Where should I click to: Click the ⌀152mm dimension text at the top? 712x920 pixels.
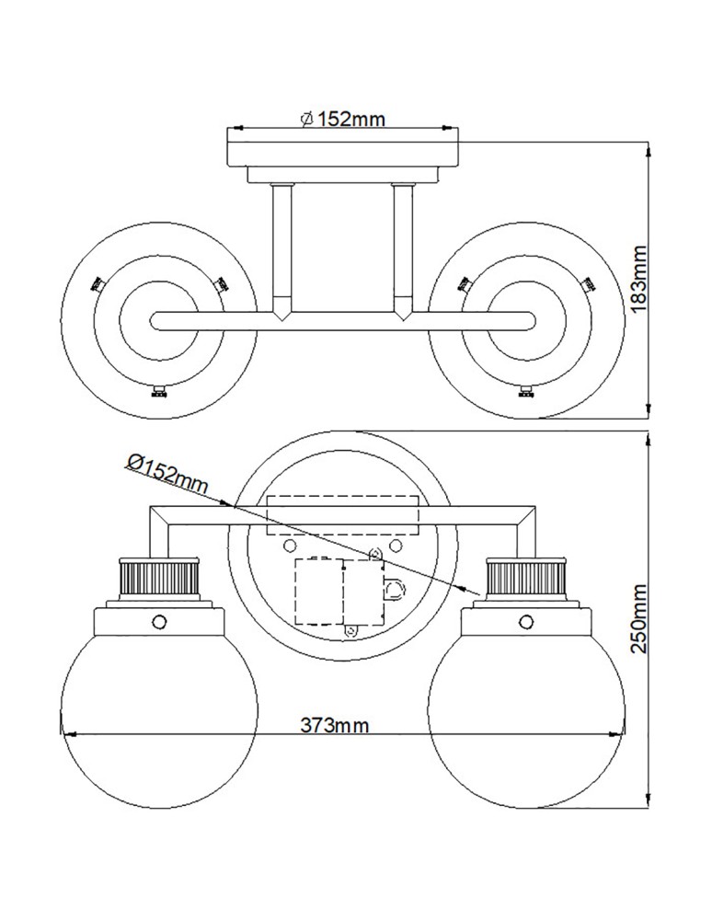[x=342, y=118]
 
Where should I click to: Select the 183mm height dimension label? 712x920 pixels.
[x=641, y=277]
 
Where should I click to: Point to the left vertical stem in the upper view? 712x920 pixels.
[x=282, y=248]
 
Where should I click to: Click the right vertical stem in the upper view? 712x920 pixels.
[x=403, y=248]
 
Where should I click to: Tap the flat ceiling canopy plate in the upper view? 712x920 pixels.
[x=343, y=153]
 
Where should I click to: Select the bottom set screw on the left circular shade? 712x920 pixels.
[x=158, y=395]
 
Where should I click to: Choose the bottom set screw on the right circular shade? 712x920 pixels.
[x=526, y=395]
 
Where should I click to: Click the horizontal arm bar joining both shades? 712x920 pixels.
[x=342, y=321]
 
